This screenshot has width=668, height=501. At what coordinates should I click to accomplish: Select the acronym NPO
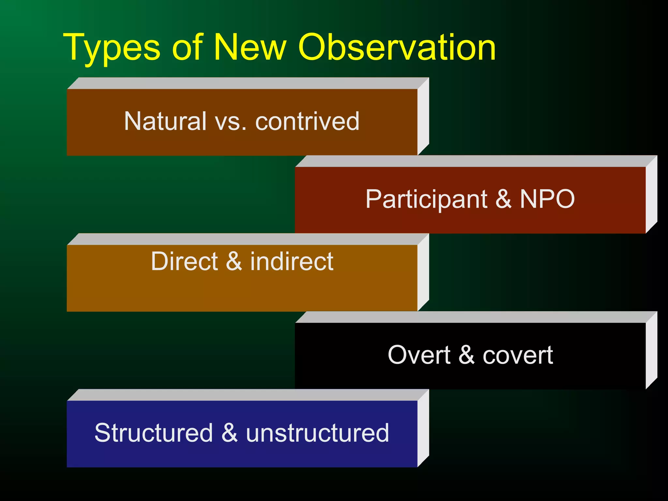tap(547, 199)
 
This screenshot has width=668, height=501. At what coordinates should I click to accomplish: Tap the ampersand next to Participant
tap(503, 199)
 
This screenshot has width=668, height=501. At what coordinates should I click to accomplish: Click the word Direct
tap(184, 262)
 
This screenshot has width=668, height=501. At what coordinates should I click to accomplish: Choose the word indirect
tap(292, 262)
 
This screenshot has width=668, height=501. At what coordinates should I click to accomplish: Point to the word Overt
tap(419, 355)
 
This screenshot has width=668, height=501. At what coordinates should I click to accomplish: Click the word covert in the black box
tap(518, 355)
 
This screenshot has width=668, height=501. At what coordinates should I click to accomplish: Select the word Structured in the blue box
tap(154, 433)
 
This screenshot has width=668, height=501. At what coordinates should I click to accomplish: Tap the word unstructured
tap(317, 433)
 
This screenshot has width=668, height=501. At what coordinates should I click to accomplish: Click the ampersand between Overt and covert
tap(466, 355)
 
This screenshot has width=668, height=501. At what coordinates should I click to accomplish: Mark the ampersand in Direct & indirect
tap(234, 262)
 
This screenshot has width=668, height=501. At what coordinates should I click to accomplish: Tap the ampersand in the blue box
tap(229, 433)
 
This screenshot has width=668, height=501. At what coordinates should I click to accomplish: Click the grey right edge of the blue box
tap(423, 428)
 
